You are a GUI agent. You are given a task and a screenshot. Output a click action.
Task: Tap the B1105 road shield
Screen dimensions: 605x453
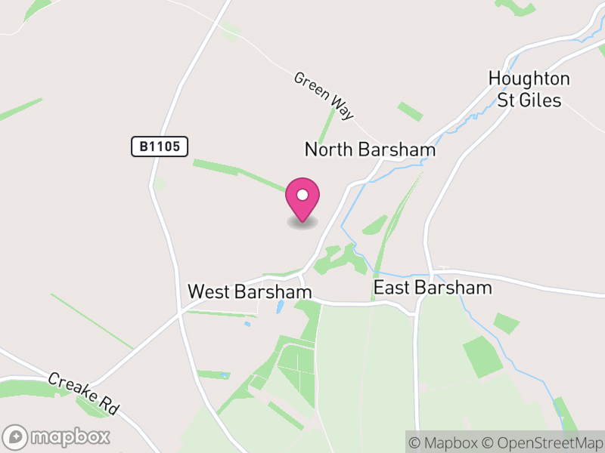159,146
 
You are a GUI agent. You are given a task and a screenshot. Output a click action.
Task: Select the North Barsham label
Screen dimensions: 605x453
370,149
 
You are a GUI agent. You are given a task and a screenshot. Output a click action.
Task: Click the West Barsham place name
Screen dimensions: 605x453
250,291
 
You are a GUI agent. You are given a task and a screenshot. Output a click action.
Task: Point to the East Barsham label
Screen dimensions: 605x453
433,288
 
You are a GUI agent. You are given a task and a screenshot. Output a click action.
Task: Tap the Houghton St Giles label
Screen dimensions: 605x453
529,89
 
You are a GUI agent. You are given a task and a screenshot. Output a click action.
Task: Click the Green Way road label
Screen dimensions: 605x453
324,96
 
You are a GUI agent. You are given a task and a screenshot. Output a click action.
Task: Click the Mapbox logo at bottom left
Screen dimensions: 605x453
57,436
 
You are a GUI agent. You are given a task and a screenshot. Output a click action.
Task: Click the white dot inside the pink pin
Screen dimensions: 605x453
302,195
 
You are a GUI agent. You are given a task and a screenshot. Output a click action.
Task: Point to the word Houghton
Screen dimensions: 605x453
529,79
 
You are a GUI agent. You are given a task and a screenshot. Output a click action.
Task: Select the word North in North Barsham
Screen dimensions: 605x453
328,149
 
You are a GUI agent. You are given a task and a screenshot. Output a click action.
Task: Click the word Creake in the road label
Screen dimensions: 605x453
73,384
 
